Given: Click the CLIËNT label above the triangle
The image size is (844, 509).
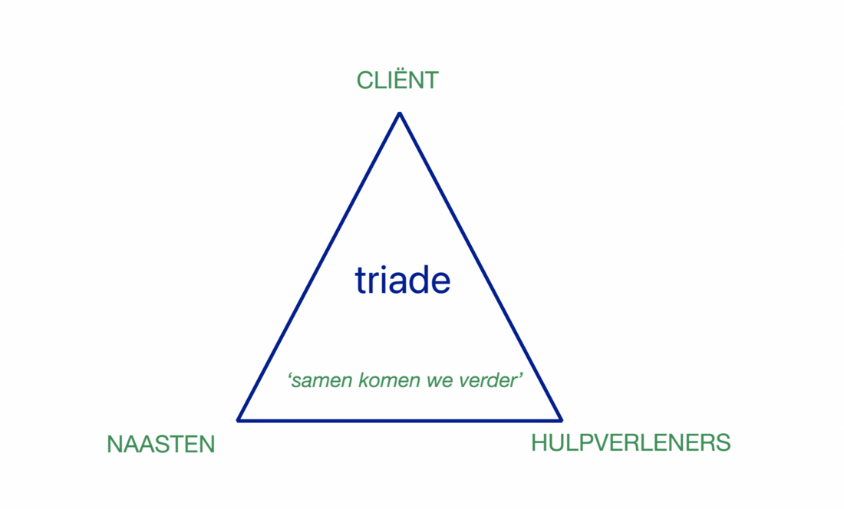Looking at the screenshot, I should pyautogui.click(x=397, y=80).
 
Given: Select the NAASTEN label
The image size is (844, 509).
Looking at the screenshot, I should pyautogui.click(x=161, y=445).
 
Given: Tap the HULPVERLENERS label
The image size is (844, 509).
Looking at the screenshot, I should pyautogui.click(x=631, y=443).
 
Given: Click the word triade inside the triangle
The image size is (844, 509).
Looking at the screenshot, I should pyautogui.click(x=403, y=281).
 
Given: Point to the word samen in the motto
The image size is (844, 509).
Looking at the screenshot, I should pyautogui.click(x=322, y=381).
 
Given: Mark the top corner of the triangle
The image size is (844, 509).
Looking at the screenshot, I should pyautogui.click(x=400, y=114).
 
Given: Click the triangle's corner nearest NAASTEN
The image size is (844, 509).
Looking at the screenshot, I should pyautogui.click(x=239, y=419).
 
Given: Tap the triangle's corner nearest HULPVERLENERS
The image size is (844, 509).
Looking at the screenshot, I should pyautogui.click(x=560, y=419).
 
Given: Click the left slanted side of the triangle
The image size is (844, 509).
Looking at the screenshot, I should pyautogui.click(x=319, y=267).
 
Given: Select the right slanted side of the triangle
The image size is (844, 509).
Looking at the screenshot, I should pyautogui.click(x=480, y=267).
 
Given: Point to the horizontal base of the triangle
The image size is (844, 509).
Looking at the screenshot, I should pyautogui.click(x=400, y=420).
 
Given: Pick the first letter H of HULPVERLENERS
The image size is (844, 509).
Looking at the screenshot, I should pyautogui.click(x=539, y=443).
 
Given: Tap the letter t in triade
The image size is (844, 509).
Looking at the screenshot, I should pyautogui.click(x=360, y=281).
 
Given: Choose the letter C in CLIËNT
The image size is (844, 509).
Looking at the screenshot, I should pyautogui.click(x=366, y=80).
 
